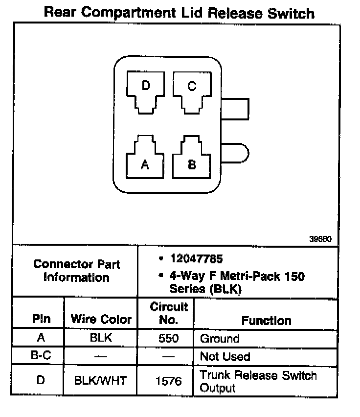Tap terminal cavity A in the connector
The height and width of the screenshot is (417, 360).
(145, 159)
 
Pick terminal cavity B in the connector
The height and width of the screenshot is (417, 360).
(192, 159)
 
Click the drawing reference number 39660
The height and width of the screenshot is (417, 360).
(320, 239)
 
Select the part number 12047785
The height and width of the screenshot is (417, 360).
(196, 258)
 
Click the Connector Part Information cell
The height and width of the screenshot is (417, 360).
(76, 271)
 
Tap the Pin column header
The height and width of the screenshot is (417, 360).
(42, 319)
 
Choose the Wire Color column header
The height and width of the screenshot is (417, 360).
(101, 320)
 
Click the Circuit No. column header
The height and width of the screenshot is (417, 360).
(169, 314)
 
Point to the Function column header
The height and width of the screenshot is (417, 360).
(267, 321)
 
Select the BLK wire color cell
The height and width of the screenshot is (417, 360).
(101, 338)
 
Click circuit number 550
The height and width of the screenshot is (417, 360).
(169, 338)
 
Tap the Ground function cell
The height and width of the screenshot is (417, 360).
(220, 338)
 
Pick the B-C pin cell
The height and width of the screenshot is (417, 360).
(41, 356)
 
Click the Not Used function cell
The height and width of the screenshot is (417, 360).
(225, 357)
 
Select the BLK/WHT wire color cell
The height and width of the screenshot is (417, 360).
(101, 380)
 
